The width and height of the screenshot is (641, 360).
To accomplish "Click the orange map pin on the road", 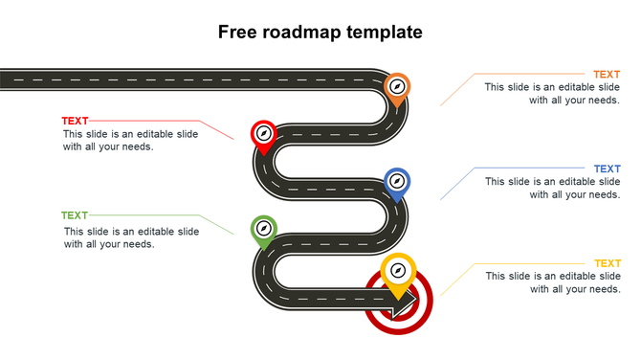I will point(397,87).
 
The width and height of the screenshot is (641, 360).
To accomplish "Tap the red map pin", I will point(262,135).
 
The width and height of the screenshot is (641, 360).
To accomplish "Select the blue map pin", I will point(397,182).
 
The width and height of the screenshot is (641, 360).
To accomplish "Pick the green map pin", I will point(263,230).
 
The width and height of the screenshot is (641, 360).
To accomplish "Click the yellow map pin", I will point(397,272).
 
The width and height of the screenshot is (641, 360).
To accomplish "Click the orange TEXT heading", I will point(606,75).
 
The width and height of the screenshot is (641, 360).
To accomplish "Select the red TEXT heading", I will point(75,121).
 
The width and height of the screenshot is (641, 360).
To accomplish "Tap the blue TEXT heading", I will point(606,169).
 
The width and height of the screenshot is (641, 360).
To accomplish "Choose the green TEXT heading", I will point(75,216).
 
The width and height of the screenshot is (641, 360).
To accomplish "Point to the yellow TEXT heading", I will point(607,263).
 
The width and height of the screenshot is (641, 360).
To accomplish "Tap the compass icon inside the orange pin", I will point(397,86).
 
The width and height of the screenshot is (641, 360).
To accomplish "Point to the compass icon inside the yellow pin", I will point(397,269).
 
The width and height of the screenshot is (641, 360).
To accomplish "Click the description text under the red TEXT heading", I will point(130,141).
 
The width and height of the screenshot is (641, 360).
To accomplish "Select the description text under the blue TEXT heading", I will point(552,188).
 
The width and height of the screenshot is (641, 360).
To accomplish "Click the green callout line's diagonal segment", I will point(217,225).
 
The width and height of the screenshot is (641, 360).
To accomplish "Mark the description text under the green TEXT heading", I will point(131,237).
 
